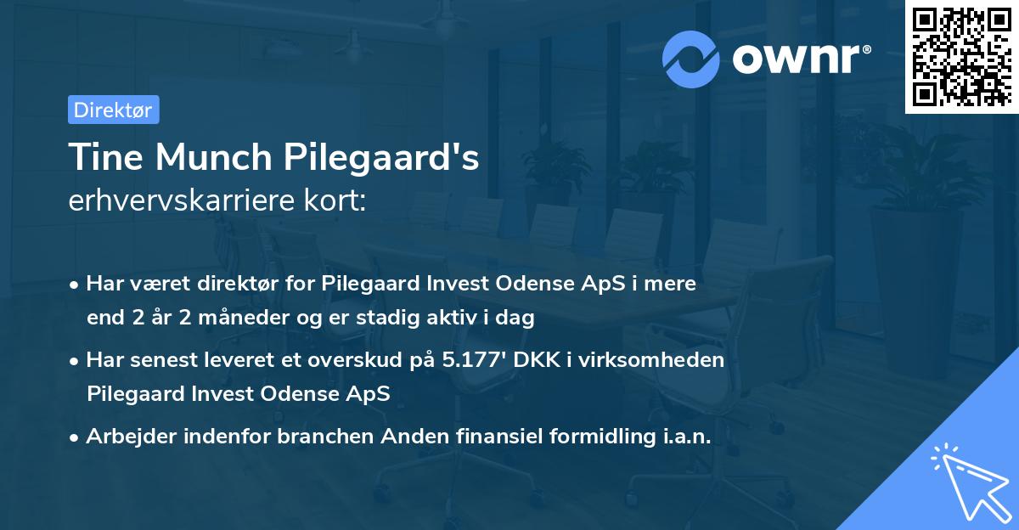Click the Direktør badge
pyautogui.click(x=113, y=110)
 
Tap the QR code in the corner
pyautogui.click(x=960, y=57)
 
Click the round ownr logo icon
pyautogui.click(x=690, y=59)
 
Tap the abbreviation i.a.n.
pyautogui.click(x=684, y=437)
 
